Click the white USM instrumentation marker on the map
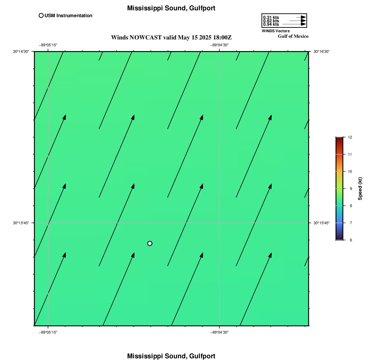pos(150,243)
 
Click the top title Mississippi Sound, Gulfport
pos(171,8)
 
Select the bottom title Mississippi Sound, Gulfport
pos(171,356)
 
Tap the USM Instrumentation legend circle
pos(41,16)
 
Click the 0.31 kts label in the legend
pos(271,17)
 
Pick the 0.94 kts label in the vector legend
pos(271,24)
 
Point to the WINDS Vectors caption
pos(276,31)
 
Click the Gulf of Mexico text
pos(293,36)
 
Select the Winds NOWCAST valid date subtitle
pos(171,37)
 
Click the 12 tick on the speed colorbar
pos(350,137)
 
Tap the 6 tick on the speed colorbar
pos(351,240)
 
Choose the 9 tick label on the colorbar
pos(351,189)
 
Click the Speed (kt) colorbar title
pos(360,189)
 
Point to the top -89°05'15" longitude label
pos(48,45)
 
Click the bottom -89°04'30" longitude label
pos(219,332)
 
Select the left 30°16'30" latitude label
pos(21,51)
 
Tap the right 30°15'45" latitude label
pos(321,223)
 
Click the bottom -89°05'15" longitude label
pos(48,332)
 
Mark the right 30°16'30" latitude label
pos(321,51)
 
